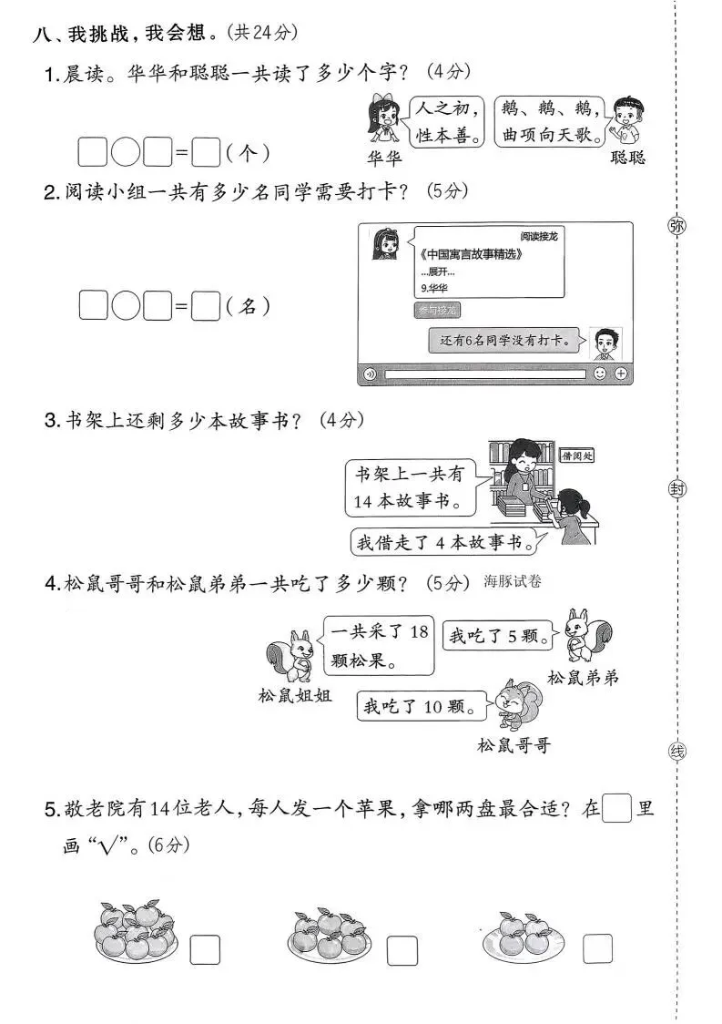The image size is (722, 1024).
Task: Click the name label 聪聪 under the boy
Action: click(627, 157)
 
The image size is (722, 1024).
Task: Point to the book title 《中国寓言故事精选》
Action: click(465, 253)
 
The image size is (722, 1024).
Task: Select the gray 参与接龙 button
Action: click(438, 311)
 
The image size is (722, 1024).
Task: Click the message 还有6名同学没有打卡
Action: click(503, 342)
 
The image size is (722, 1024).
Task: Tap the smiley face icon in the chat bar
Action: click(600, 374)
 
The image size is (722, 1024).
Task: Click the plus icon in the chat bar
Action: click(621, 374)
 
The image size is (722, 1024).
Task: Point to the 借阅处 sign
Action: click(576, 456)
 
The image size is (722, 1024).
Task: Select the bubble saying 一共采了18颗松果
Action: click(379, 646)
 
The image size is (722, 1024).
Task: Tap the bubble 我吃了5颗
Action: click(497, 636)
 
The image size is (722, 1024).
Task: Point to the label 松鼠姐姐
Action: click(294, 697)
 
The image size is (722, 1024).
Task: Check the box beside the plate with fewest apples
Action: click(598, 949)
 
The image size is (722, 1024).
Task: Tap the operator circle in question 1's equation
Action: click(125, 152)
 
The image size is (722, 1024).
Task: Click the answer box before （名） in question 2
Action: click(207, 306)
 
